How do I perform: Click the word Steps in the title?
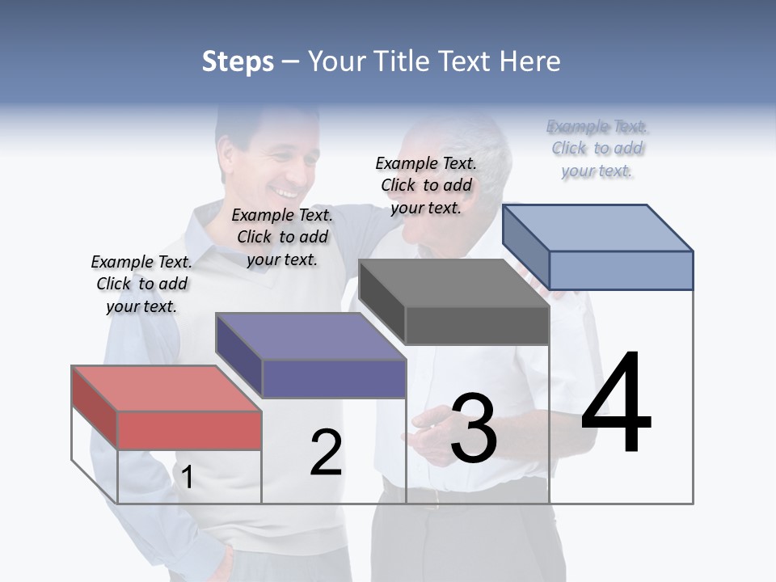coord(238,61)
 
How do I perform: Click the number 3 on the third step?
coord(473,428)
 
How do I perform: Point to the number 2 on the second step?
coord(326,453)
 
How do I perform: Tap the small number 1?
coord(187,478)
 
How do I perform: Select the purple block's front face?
coord(334,378)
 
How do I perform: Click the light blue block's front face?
coord(621,270)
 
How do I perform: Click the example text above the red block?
coord(141,284)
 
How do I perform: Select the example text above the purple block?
coord(282,237)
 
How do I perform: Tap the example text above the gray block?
coord(426,185)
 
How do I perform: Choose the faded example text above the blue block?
coord(597,149)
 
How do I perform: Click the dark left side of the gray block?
coord(382,299)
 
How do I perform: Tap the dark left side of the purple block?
coord(238,353)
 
